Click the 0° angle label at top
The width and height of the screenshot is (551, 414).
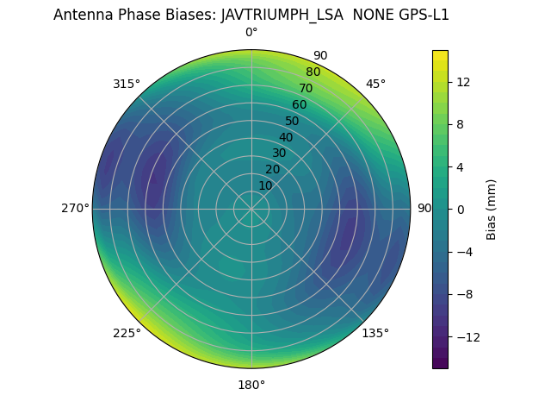[x=251, y=33]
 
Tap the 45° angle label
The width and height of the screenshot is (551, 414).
[x=375, y=84]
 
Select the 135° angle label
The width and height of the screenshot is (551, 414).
[x=375, y=333]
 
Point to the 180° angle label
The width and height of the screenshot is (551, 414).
[x=251, y=385]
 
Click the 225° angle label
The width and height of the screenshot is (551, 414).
[x=127, y=333]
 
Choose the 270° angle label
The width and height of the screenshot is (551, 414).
[x=75, y=209]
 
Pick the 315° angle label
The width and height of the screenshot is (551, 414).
[x=127, y=84]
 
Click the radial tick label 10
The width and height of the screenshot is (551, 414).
[x=265, y=185]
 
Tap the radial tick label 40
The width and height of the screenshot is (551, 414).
[x=286, y=137]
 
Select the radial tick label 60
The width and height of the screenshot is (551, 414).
[x=300, y=105]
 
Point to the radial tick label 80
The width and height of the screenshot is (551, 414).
[x=313, y=72]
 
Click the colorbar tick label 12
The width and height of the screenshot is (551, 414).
[x=462, y=82]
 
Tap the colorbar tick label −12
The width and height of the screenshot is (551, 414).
[x=466, y=336]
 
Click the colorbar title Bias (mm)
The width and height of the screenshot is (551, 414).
[x=492, y=209]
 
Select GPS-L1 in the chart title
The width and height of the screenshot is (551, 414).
[x=422, y=15]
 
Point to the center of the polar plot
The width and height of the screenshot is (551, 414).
[x=251, y=209]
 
